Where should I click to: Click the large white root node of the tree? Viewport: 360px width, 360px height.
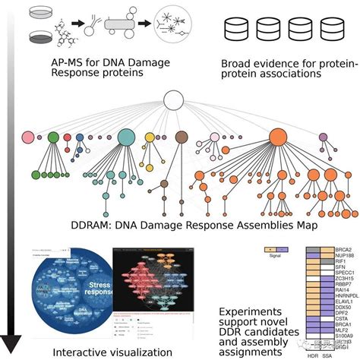(175, 100)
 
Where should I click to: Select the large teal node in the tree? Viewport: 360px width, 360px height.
(127, 137)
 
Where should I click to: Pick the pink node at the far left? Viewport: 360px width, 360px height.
(28, 138)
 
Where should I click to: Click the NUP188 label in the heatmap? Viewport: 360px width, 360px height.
(344, 258)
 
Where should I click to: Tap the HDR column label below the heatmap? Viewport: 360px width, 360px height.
(311, 355)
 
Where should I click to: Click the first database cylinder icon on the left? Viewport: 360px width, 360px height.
(233, 30)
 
